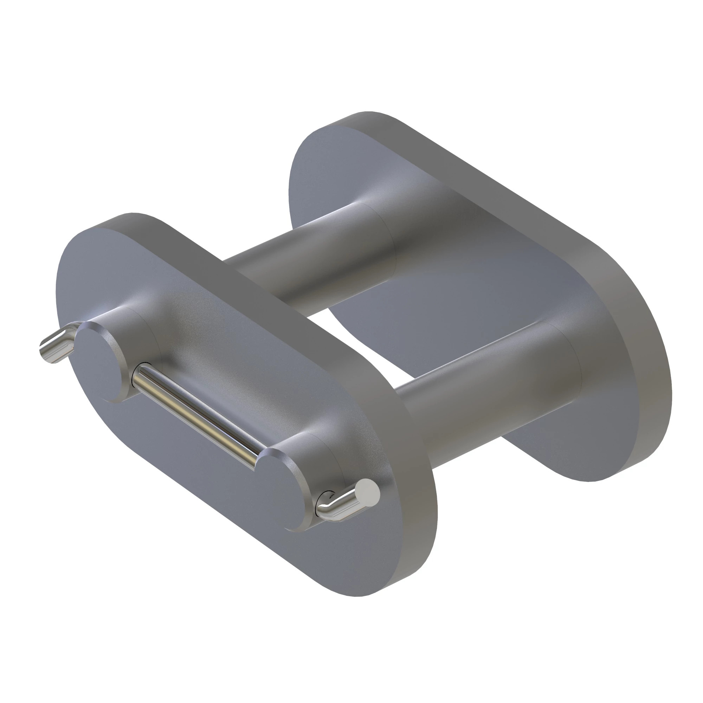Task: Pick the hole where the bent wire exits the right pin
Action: pos(327,499)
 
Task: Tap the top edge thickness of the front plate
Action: pos(255,277)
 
